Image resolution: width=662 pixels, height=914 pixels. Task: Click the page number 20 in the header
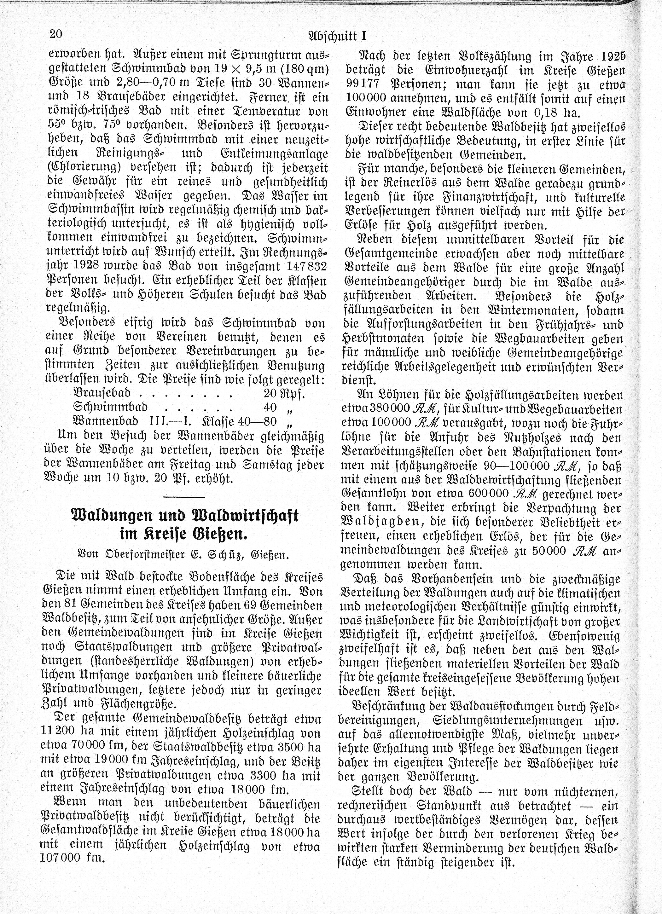55,34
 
